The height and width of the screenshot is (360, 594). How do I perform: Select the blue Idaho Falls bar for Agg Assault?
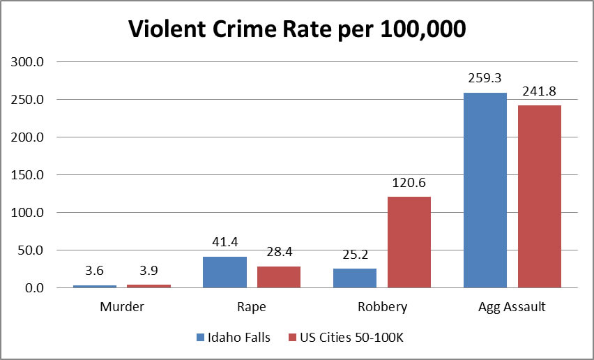(485, 190)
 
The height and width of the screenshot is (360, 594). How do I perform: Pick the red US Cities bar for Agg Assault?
(539, 196)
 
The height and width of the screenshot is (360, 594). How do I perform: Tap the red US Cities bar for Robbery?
(409, 241)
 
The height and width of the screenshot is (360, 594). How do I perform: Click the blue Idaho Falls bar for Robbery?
(355, 278)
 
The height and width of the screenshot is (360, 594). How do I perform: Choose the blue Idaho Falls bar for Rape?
(224, 271)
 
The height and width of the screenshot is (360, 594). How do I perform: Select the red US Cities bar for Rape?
(279, 276)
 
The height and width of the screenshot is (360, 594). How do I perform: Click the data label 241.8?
(539, 91)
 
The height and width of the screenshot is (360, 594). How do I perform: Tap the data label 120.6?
(409, 183)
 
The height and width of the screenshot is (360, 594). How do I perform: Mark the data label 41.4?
(224, 243)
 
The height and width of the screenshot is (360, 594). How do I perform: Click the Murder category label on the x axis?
(121, 306)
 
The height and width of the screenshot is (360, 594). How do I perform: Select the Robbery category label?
(382, 306)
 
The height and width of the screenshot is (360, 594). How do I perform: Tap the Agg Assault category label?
(512, 306)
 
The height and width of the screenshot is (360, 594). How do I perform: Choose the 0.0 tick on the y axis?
(33, 287)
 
